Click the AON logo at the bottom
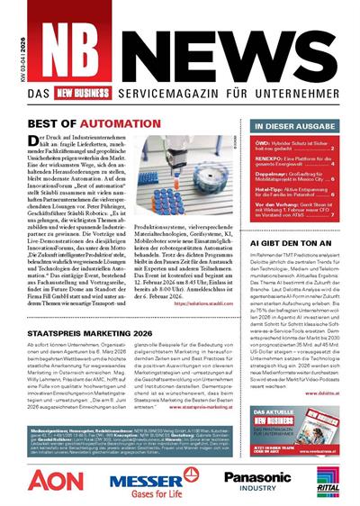coord(55,478)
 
